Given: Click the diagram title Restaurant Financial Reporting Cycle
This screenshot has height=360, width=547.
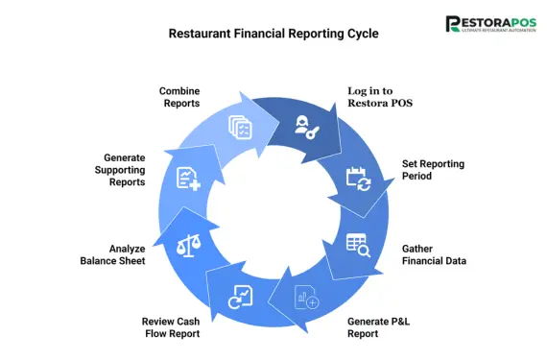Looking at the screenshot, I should [x=273, y=33].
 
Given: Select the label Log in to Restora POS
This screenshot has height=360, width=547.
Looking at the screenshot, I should [x=382, y=98].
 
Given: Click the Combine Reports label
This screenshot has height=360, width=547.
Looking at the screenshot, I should [x=179, y=98].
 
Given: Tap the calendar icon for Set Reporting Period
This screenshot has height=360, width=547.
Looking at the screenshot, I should [x=357, y=178].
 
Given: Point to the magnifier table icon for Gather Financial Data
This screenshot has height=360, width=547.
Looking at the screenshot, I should [x=357, y=246].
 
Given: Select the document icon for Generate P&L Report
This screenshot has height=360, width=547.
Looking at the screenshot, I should [x=308, y=299].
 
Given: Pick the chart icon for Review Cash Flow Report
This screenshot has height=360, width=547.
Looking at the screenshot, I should [x=238, y=298].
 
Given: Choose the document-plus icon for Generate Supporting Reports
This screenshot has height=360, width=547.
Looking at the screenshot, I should [x=189, y=179].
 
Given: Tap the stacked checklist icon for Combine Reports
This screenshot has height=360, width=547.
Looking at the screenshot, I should [x=239, y=127].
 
